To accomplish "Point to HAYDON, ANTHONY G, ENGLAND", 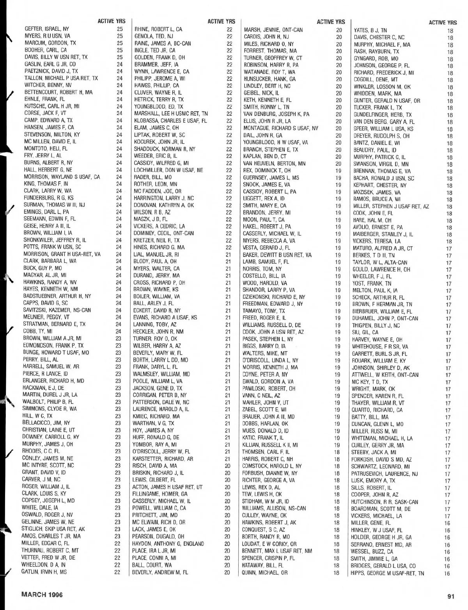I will (168, 544).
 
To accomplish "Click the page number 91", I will (451, 596).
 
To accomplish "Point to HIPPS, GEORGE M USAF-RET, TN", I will (387, 573).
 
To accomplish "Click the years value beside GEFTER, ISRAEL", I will (120, 29).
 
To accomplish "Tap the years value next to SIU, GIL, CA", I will (448, 333).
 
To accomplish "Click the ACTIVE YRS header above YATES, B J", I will (443, 23).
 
